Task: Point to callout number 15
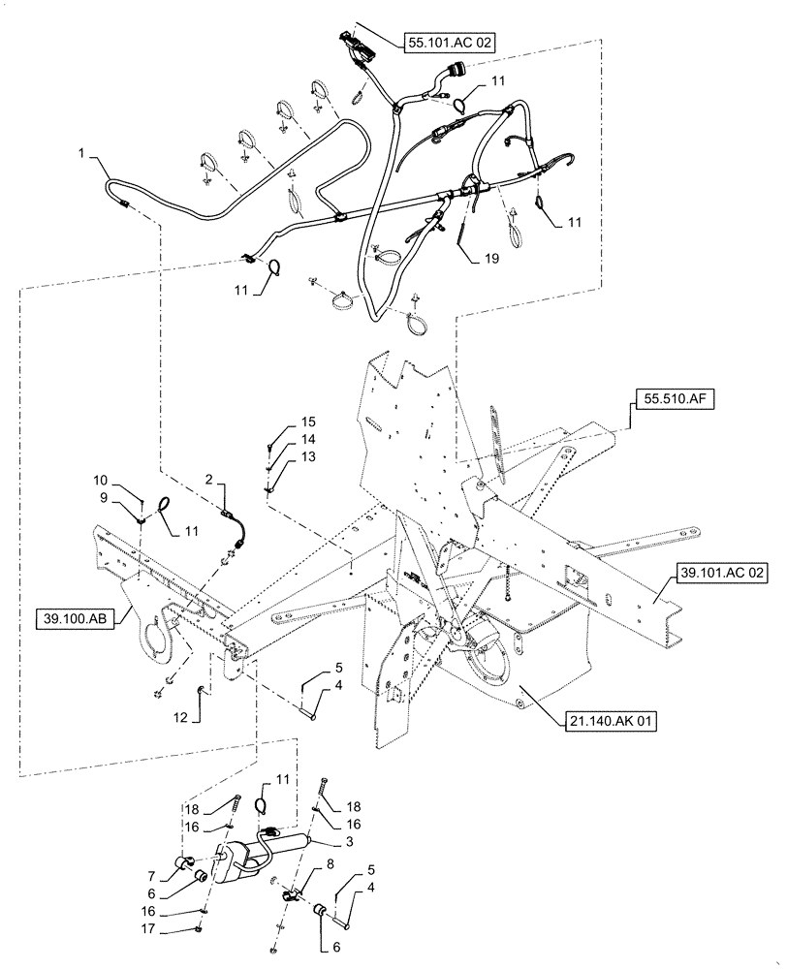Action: pos(281,422)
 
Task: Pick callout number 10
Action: pos(101,481)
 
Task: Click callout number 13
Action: pos(281,456)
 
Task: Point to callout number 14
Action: pos(281,439)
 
